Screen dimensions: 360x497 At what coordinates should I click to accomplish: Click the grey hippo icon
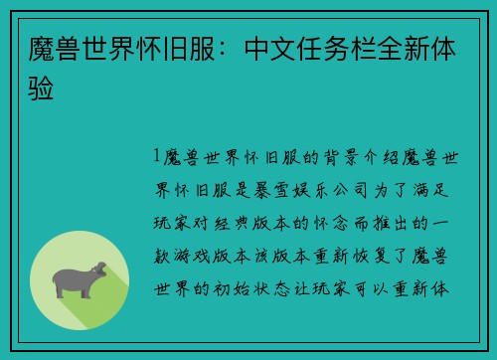coord(82,282)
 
